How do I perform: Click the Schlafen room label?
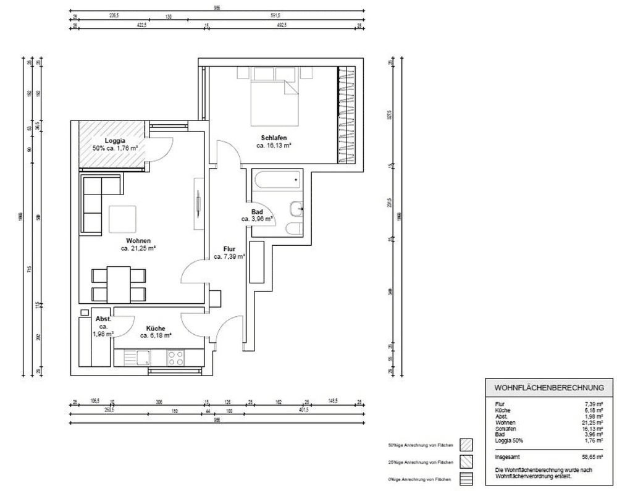(274, 138)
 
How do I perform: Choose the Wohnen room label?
(138, 241)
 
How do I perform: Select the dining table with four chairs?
(119, 283)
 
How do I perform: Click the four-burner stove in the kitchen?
(175, 358)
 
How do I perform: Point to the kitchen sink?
(143, 358)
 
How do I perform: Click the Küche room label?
(155, 329)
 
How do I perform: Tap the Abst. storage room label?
(103, 319)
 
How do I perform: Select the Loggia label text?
(115, 140)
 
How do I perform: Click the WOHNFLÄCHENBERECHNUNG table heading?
(547, 388)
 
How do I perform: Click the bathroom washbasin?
(297, 209)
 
